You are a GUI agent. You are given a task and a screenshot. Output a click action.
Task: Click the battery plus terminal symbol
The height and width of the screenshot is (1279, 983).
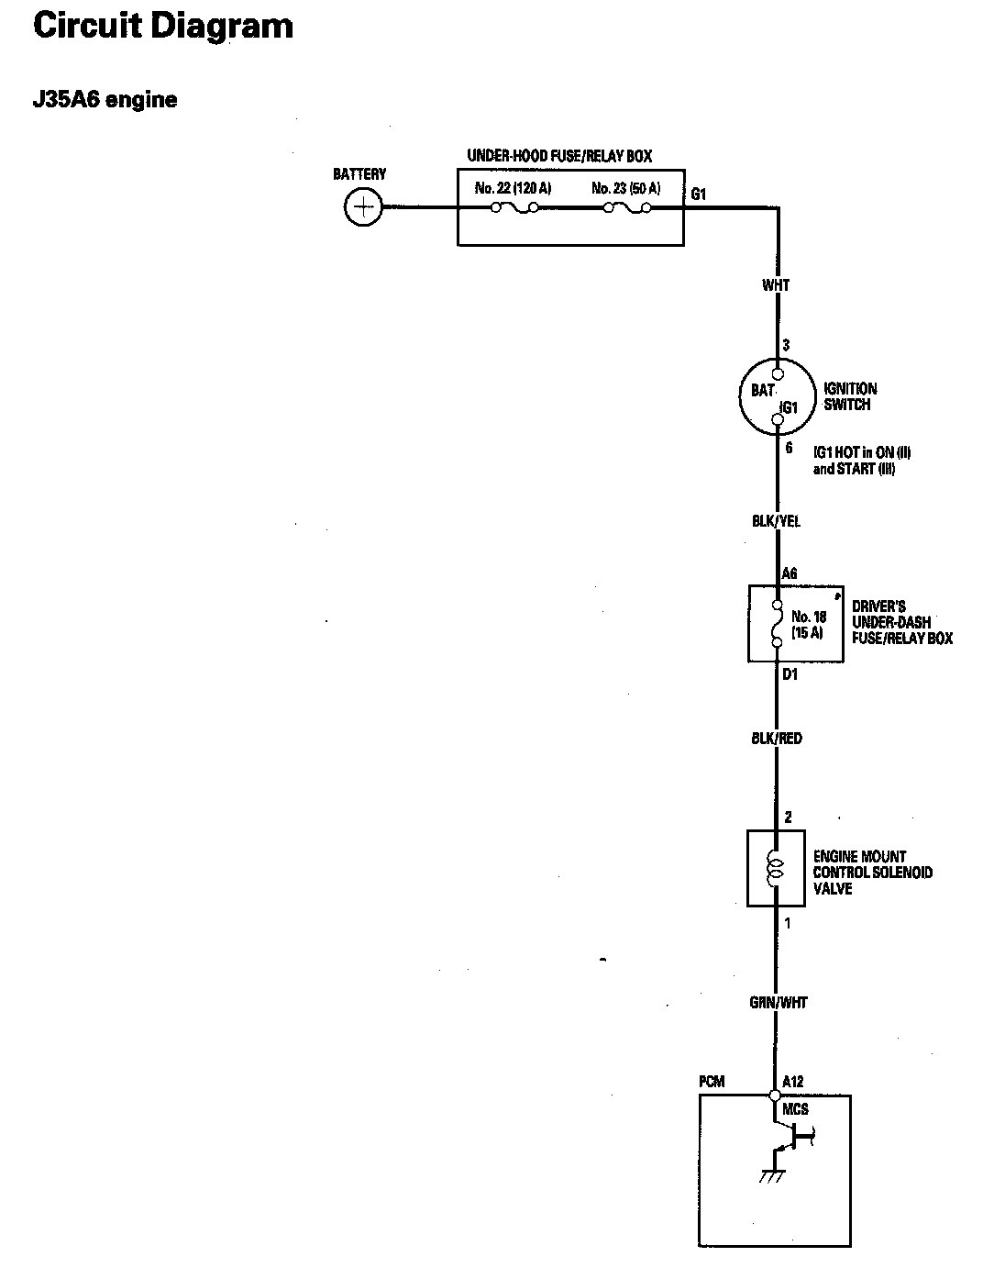[363, 207]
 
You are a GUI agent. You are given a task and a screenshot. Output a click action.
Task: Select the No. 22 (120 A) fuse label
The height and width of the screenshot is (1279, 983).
[514, 189]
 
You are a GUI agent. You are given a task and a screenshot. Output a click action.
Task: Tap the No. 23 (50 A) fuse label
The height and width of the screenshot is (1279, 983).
[626, 189]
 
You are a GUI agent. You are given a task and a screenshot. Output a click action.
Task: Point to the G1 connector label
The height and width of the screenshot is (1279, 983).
[699, 195]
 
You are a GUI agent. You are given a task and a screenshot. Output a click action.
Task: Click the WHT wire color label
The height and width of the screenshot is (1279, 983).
[776, 285]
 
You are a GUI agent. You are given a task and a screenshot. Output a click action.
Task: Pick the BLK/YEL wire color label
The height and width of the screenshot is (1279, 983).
[776, 521]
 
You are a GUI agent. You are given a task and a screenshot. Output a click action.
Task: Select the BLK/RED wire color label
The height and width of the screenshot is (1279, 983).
[776, 738]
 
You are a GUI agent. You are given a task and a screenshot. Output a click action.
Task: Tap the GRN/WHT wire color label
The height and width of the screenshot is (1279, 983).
[778, 1003]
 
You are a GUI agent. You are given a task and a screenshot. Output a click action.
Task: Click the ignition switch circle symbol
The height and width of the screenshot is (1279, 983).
[777, 397]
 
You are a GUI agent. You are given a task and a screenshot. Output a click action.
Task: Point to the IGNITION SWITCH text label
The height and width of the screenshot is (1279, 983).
[850, 396]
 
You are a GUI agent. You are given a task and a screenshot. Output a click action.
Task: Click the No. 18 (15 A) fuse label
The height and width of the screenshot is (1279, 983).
[808, 625]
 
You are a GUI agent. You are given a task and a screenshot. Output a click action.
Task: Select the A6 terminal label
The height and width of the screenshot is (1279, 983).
[790, 574]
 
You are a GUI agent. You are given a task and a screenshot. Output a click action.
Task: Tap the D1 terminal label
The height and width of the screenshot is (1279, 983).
[790, 675]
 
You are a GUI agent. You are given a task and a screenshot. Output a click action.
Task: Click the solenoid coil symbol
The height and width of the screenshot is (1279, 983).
[776, 868]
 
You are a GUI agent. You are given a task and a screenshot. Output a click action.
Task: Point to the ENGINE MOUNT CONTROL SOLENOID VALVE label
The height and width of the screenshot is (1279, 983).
[872, 873]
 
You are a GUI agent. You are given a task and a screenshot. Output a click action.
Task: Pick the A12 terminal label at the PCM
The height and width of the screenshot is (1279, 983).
[793, 1082]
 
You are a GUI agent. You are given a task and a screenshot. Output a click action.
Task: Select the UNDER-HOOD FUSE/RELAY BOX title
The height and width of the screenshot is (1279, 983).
[559, 157]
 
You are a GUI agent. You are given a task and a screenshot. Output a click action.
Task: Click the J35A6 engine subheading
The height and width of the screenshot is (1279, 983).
[105, 100]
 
